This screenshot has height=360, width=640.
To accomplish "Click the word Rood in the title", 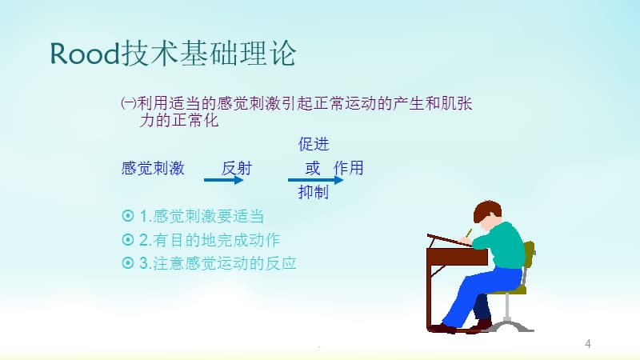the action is [85, 54].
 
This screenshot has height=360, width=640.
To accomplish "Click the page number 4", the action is [588, 344].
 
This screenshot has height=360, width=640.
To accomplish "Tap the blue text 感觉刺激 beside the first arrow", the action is [153, 168].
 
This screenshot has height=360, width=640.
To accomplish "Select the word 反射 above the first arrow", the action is [237, 168].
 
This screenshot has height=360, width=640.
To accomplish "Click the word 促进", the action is [314, 144].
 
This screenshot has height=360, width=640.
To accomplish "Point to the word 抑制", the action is [314, 191].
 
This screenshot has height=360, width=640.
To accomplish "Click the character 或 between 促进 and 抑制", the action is [313, 168].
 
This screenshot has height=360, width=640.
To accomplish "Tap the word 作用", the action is [348, 168].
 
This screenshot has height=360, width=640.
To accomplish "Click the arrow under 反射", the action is [224, 179].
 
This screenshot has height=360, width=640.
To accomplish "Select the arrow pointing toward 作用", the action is [315, 179].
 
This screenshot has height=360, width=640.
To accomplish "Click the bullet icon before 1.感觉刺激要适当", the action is [128, 215].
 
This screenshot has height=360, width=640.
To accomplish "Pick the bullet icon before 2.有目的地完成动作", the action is [128, 239].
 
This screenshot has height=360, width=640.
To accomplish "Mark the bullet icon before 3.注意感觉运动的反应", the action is [128, 263].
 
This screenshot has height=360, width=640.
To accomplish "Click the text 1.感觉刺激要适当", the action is [202, 216].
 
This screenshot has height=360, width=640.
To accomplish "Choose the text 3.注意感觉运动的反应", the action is [218, 264].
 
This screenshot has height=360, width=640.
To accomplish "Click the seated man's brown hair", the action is [486, 209].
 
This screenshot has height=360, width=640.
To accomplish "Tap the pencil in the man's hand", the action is [469, 233].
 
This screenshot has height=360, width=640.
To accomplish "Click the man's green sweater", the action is [503, 246].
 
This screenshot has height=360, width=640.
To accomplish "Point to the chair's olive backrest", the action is [529, 254].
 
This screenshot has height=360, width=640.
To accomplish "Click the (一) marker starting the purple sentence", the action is [129, 103].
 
